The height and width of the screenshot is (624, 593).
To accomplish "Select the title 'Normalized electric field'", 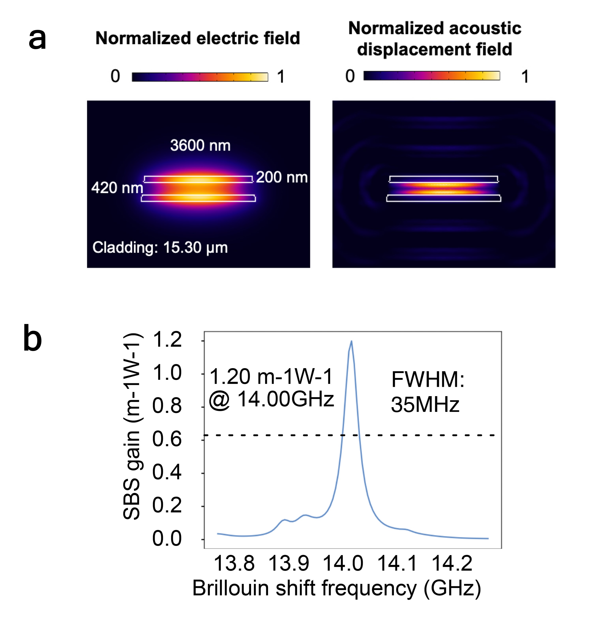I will click(x=198, y=38).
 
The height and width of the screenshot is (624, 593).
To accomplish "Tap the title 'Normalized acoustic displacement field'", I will click(x=435, y=38).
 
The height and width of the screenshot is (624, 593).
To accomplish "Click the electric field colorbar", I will click(x=200, y=77).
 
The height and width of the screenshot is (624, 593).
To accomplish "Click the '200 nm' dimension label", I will click(x=282, y=177).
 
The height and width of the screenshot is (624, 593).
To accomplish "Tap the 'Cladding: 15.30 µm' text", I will click(x=160, y=247).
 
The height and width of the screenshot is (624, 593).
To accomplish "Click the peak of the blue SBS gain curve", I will click(x=351, y=341).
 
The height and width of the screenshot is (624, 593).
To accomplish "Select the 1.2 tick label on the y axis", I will click(x=167, y=340).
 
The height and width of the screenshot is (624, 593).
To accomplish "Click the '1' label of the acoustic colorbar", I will click(x=525, y=77).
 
